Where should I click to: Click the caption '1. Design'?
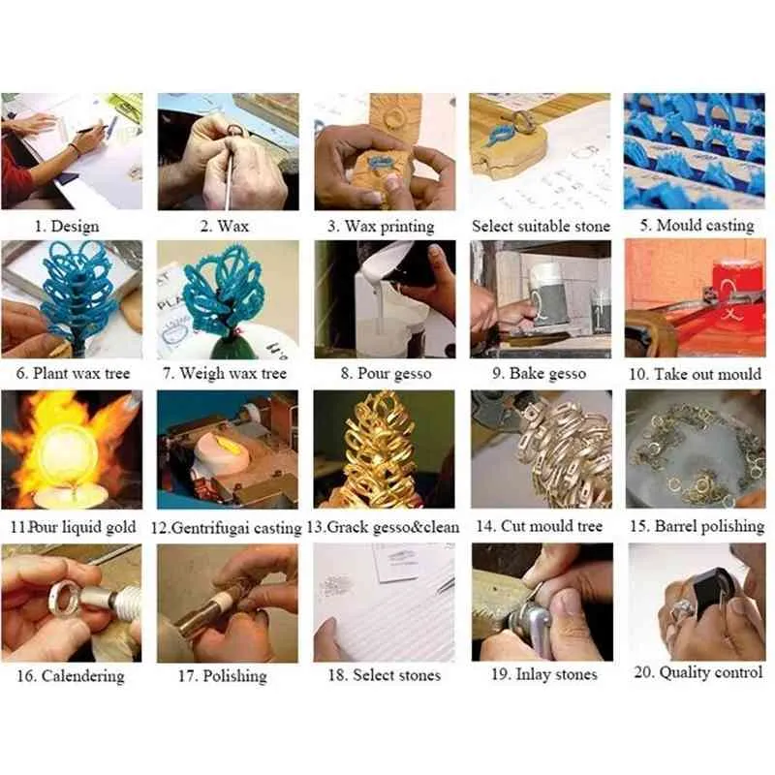67,227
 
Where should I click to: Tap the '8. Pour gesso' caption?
386,373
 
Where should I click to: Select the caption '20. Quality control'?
698,672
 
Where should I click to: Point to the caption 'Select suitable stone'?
541,227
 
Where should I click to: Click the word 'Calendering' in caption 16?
83,676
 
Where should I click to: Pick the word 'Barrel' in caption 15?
676,526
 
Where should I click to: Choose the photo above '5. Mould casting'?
695,151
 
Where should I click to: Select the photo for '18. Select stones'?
384,603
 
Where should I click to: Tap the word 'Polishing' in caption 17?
234,676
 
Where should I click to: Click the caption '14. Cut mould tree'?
540,526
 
